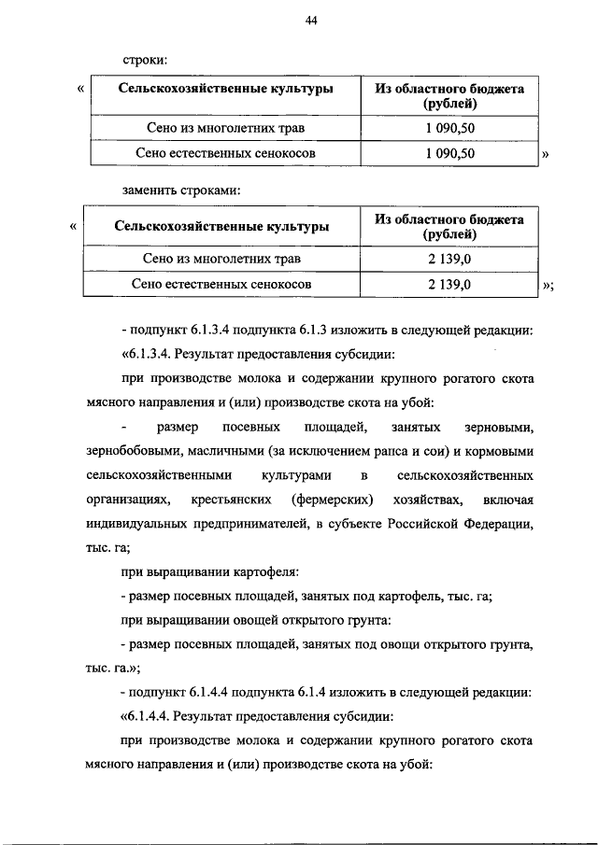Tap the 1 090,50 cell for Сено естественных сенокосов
click(x=449, y=153)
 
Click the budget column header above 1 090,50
click(x=449, y=96)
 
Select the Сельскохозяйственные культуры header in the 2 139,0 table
click(x=221, y=226)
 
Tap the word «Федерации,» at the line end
click(x=499, y=524)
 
